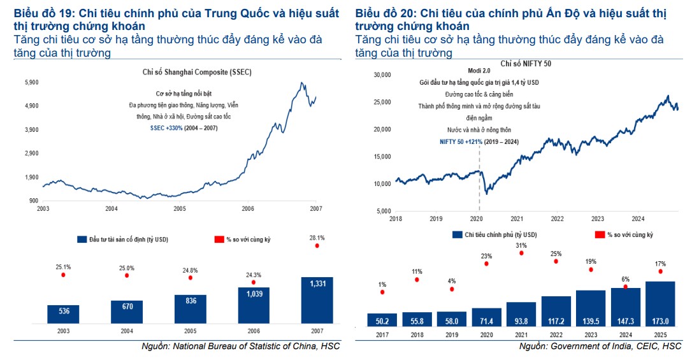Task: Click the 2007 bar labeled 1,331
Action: [317, 299]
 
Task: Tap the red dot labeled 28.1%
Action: [317, 245]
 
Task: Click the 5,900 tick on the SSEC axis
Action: [32, 83]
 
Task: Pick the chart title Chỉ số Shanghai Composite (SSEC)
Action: [196, 72]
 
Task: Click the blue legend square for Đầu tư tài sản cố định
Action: [81, 239]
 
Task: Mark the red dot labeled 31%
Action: [521, 253]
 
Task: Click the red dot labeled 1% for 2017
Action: [382, 292]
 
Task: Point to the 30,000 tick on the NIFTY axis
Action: [380, 75]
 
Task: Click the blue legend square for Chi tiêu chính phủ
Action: [458, 234]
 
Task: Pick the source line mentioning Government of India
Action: [600, 346]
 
